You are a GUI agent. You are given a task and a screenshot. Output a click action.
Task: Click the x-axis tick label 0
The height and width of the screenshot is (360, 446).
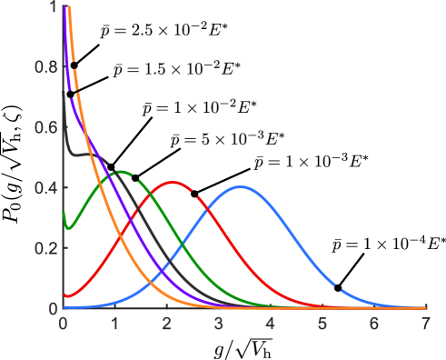[63, 323]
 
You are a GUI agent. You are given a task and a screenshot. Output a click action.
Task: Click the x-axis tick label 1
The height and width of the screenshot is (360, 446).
[114, 323]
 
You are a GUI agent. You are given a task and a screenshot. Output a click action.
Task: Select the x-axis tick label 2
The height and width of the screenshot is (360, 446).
[166, 323]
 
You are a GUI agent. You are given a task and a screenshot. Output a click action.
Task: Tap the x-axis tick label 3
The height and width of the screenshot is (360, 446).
[218, 323]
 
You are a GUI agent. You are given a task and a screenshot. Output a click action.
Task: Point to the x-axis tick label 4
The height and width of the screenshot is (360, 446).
[270, 323]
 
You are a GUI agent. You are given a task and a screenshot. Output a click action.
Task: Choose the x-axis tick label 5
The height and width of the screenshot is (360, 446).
[322, 323]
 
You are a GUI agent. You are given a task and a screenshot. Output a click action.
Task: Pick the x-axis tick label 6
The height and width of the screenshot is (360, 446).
[373, 323]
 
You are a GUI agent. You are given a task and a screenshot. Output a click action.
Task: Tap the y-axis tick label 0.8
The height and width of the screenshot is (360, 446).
[44, 66]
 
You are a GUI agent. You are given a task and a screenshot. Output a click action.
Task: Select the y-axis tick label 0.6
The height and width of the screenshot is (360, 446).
[44, 127]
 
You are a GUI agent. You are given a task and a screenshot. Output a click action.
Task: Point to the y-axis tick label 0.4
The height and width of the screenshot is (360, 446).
[44, 187]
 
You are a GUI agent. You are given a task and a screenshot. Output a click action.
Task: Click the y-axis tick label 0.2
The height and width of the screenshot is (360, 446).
[44, 248]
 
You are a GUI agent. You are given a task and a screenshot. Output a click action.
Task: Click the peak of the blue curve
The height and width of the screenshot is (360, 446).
[241, 187]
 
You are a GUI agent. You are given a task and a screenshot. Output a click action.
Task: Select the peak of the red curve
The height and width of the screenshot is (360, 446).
[173, 183]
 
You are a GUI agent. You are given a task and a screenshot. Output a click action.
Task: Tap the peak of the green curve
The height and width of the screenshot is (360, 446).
[119, 171]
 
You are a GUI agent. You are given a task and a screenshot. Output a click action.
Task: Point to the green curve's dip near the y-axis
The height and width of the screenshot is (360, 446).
[68, 228]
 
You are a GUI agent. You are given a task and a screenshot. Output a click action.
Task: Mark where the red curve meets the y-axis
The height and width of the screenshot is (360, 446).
[64, 295]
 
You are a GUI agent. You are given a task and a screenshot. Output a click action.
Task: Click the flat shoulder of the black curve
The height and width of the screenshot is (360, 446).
[82, 155]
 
